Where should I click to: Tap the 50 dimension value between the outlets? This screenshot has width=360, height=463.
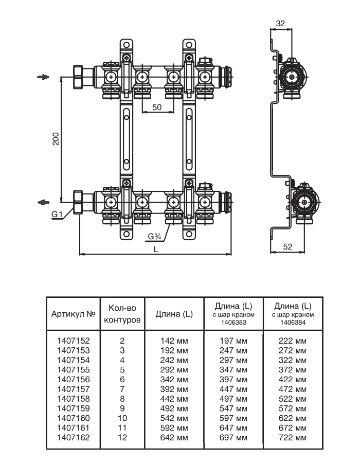pyautogui.click(x=156, y=107)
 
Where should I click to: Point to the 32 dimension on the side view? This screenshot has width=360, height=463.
pyautogui.click(x=280, y=23)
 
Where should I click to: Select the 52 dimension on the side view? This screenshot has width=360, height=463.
pyautogui.click(x=287, y=247)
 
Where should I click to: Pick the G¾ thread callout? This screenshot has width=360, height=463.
pyautogui.click(x=154, y=237)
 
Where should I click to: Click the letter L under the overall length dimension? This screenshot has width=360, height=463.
pyautogui.click(x=155, y=248)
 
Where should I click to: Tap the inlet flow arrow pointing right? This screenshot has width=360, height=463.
pyautogui.click(x=44, y=77)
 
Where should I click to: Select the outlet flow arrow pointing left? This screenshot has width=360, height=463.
pyautogui.click(x=44, y=201)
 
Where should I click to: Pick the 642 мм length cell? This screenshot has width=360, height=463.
pyautogui.click(x=174, y=438)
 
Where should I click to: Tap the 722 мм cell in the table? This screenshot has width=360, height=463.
pyautogui.click(x=293, y=438)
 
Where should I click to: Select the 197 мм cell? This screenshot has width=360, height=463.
pyautogui.click(x=233, y=341)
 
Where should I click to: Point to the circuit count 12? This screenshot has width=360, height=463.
pyautogui.click(x=122, y=438)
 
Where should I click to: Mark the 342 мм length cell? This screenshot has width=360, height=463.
pyautogui.click(x=174, y=379)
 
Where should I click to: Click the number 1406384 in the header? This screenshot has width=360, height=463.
pyautogui.click(x=293, y=323)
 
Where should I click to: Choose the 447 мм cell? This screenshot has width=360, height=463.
pyautogui.click(x=233, y=389)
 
